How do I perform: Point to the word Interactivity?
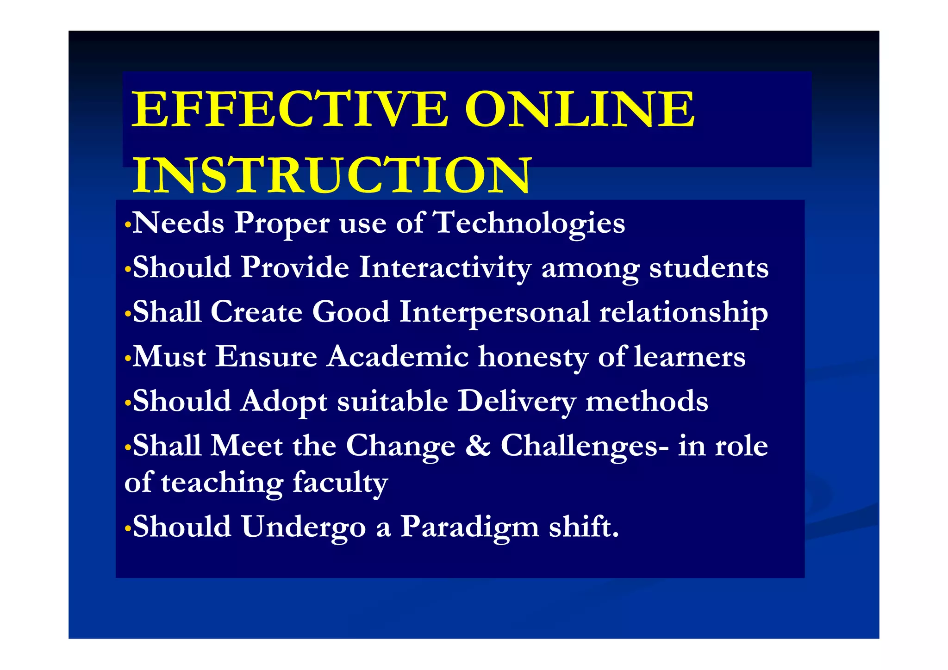445,268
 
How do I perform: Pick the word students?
709,268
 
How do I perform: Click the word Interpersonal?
494,312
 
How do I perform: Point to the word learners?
690,357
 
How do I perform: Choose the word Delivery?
517,402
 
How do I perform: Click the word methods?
647,401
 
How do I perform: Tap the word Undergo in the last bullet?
304,528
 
